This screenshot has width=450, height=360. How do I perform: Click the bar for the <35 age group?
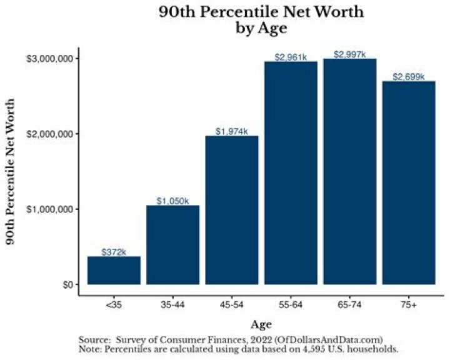click(x=114, y=270)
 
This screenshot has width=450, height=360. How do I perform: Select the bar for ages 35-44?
click(x=172, y=244)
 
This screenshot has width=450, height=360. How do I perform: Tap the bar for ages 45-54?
click(x=232, y=210)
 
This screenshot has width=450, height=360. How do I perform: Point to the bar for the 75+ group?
click(x=408, y=182)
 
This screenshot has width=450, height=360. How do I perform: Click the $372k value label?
click(x=114, y=252)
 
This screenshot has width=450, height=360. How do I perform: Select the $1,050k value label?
click(x=172, y=201)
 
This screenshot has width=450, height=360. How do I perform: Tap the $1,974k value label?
click(x=232, y=131)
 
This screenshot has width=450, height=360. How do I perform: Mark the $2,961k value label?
click(x=291, y=57)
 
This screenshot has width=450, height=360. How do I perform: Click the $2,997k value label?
click(x=349, y=54)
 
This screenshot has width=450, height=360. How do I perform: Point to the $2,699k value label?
click(x=408, y=77)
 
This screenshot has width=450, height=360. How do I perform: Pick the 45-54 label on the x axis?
click(x=232, y=304)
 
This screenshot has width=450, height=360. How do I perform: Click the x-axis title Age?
click(x=261, y=324)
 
